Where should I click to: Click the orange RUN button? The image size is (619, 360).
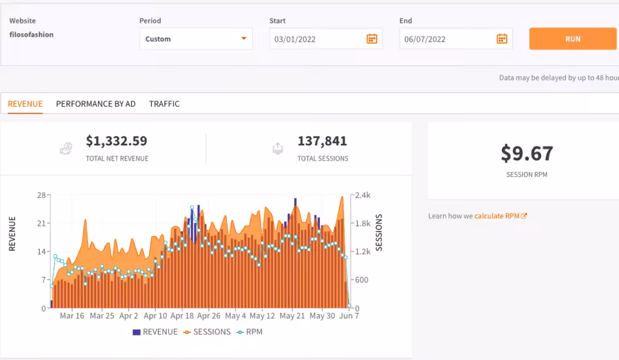[x=572, y=39]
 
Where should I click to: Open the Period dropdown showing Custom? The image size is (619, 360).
[x=196, y=39]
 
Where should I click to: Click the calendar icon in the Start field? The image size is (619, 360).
[x=372, y=39]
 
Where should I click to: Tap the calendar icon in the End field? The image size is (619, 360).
[x=502, y=39]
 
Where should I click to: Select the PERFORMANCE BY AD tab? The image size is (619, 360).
[x=96, y=104]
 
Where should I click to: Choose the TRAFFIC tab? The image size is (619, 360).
[x=164, y=104]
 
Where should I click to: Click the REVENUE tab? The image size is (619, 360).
[x=25, y=104]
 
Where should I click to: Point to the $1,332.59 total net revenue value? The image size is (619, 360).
[x=117, y=141]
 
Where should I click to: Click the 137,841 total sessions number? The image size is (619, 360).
[x=322, y=141]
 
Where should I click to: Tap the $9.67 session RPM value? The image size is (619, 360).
[x=527, y=153]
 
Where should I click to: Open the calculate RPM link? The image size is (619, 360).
[x=501, y=216]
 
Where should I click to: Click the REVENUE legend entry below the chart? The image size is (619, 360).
[x=155, y=332]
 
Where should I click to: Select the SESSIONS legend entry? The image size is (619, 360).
[x=207, y=332]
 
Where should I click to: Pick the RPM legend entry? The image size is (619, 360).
[x=249, y=332]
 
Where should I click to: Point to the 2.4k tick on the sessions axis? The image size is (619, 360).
[x=363, y=195]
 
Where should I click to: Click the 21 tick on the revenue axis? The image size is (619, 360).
[x=42, y=223]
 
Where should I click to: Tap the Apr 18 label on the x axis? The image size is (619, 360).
[x=182, y=316]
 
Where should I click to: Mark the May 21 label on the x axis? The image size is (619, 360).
[x=292, y=316]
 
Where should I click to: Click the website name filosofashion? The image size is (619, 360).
[x=31, y=34]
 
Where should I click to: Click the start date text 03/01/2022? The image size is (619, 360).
[x=295, y=39]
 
